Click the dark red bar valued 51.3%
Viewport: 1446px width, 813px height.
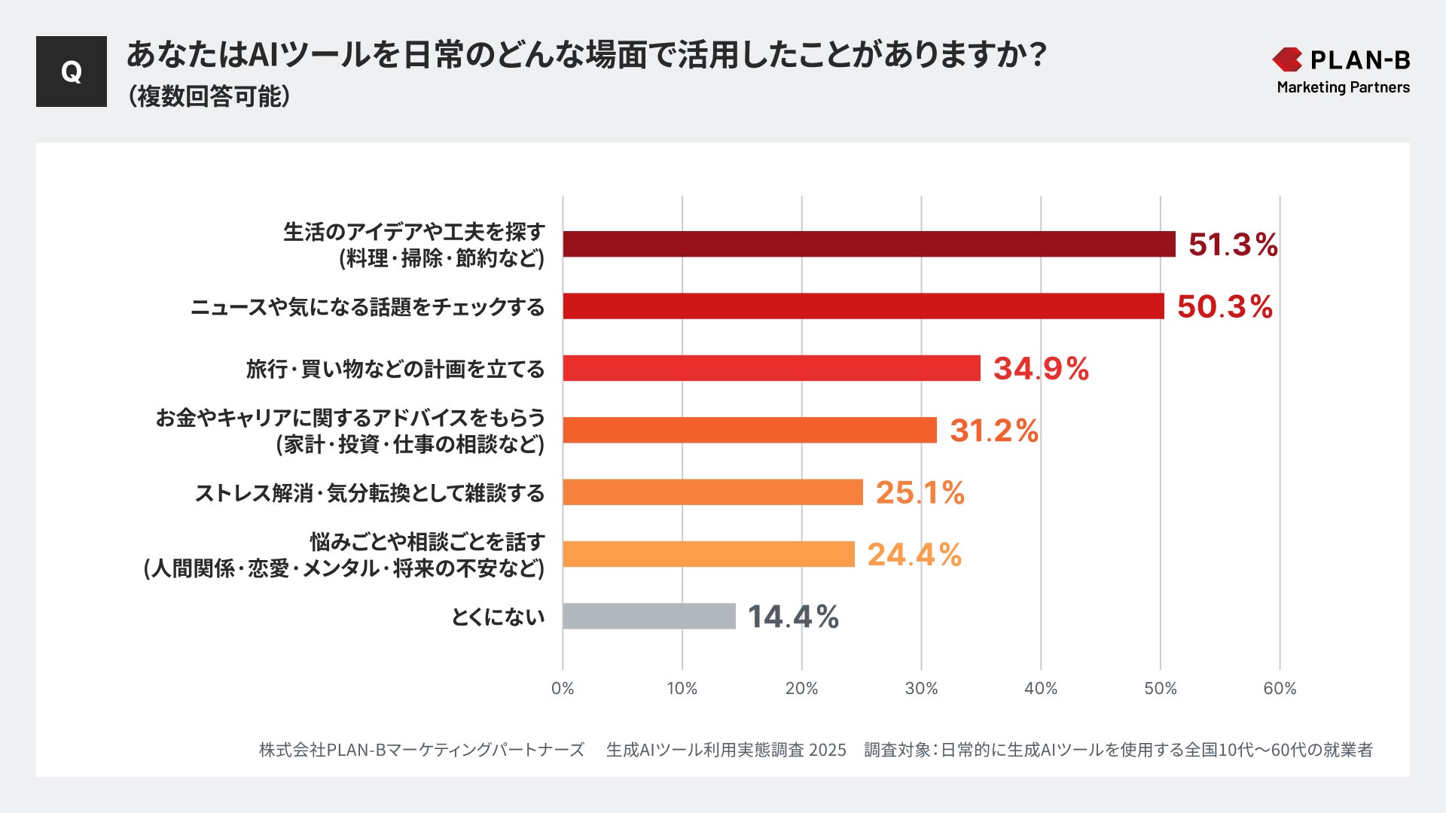point(868,244)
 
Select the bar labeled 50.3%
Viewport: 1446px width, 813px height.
point(863,306)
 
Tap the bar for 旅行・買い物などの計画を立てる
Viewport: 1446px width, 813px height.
point(771,368)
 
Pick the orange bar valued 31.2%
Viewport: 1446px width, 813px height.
point(749,430)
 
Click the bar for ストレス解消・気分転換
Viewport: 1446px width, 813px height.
point(712,492)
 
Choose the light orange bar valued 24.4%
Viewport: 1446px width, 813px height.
point(708,554)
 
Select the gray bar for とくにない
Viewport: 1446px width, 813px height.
point(648,616)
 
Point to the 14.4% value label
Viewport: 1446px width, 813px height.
point(793,617)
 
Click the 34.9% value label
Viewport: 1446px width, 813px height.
point(1041,369)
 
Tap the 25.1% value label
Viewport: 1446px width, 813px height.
point(920,493)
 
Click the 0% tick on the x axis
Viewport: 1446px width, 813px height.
point(563,688)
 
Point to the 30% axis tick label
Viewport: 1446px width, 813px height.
point(921,688)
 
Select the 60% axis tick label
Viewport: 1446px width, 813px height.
point(1280,688)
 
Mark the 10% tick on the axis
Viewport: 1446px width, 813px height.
point(682,688)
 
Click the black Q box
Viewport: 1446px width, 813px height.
point(72,72)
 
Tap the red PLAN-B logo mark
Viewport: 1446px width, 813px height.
point(1287,59)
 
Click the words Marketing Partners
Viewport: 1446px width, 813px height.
point(1343,87)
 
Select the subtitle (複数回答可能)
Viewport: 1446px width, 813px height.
point(209,96)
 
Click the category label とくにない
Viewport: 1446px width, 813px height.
point(497,617)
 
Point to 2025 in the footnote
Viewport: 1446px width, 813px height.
point(827,750)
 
